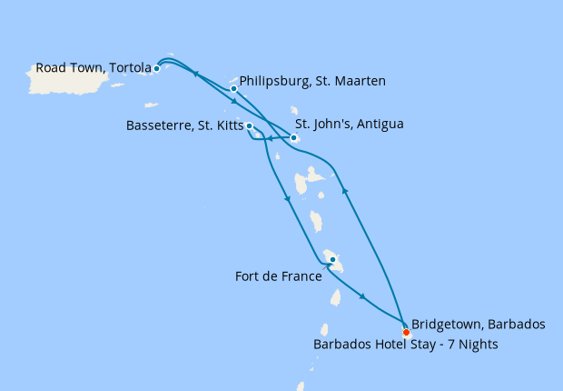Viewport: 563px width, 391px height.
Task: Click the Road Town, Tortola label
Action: click(93, 67)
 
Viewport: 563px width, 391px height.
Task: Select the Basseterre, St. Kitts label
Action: click(184, 126)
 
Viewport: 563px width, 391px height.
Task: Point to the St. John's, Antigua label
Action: click(350, 124)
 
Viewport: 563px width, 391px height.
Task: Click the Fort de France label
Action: click(278, 276)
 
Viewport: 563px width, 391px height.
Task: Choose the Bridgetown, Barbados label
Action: click(478, 324)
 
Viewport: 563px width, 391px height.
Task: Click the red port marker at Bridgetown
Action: click(406, 332)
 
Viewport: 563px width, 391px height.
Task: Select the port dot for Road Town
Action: click(157, 68)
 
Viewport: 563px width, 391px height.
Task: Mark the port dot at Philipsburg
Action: click(234, 89)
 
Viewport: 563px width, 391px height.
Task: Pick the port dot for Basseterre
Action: click(249, 126)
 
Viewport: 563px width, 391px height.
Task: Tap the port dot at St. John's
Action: click(293, 138)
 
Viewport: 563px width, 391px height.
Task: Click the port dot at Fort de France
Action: click(333, 260)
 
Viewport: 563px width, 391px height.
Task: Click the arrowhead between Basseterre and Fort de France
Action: click(287, 198)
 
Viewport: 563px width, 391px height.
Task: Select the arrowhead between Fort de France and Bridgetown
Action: click(363, 296)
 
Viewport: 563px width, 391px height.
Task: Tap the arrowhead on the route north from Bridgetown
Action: click(344, 190)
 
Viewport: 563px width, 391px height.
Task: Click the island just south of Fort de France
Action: click(335, 297)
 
